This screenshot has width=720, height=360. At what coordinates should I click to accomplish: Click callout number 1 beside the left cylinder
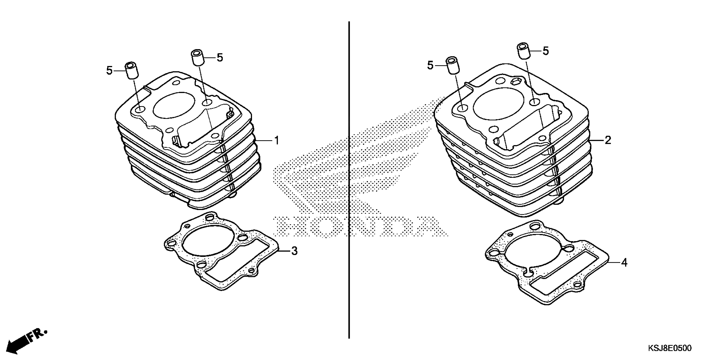pyautogui.click(x=277, y=140)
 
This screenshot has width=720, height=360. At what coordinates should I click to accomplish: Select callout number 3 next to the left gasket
pyautogui.click(x=294, y=251)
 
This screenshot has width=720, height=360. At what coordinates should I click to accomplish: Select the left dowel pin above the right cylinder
pyautogui.click(x=452, y=65)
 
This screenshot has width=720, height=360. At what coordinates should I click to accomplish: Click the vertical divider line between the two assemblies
pyautogui.click(x=349, y=179)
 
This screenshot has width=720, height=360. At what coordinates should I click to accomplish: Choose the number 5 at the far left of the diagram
pyautogui.click(x=109, y=71)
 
